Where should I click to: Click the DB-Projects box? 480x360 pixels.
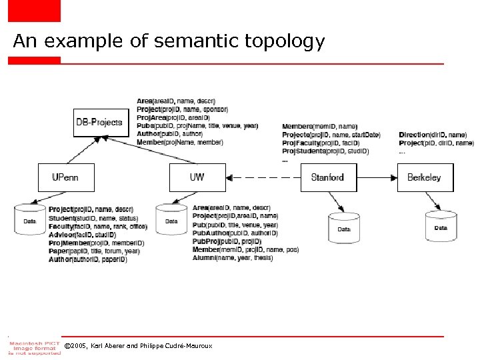(x=99, y=122)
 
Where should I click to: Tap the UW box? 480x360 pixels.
(x=197, y=177)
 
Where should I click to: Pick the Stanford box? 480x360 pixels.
(x=327, y=177)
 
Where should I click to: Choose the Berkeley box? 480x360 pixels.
(x=425, y=177)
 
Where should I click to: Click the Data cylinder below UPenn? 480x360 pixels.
(x=30, y=220)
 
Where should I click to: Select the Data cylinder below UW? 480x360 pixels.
(x=171, y=220)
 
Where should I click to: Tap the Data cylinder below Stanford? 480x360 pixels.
(x=344, y=228)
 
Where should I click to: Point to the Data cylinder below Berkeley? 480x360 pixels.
(x=441, y=227)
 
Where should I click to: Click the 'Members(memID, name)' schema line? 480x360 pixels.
(x=310, y=127)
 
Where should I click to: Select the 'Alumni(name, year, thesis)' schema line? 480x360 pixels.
(x=232, y=257)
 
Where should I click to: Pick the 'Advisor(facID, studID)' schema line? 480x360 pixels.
(x=82, y=235)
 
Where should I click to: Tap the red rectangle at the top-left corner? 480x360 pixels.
(x=33, y=10)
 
